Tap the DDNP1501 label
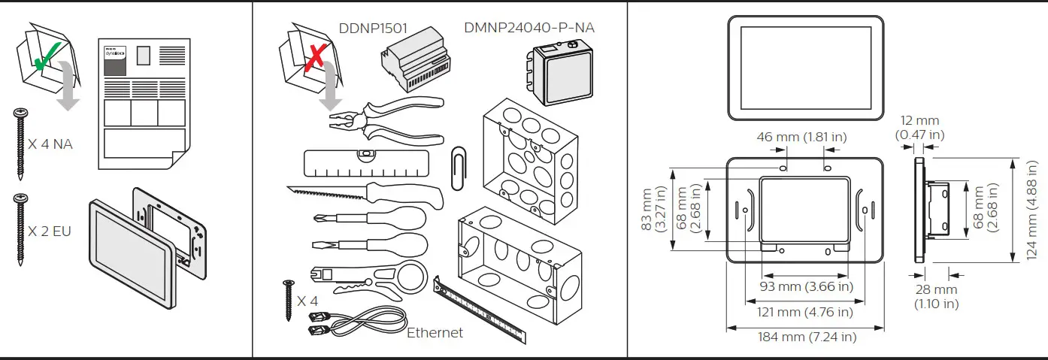[373, 29]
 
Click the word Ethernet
[435, 332]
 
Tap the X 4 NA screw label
[50, 144]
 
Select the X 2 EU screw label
[50, 231]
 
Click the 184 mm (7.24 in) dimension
[807, 337]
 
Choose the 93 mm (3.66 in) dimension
[807, 286]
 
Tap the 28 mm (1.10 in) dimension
[936, 296]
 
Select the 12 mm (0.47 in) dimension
[920, 127]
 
